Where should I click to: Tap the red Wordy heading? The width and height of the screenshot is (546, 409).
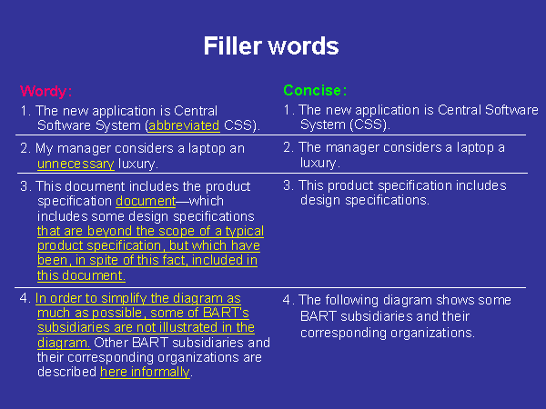[x=46, y=91]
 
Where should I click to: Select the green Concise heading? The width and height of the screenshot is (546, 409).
[x=315, y=90]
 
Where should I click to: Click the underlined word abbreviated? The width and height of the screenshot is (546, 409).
[x=184, y=125]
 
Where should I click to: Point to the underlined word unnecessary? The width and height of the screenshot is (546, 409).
[x=76, y=164]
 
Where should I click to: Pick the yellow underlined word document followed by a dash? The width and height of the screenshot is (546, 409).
[x=146, y=201]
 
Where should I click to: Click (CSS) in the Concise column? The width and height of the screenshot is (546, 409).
[x=369, y=125]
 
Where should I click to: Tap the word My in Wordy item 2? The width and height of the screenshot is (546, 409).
[x=45, y=148]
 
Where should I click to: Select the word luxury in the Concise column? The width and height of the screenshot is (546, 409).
[x=318, y=163]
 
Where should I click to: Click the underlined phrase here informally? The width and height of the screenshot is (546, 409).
[x=146, y=372]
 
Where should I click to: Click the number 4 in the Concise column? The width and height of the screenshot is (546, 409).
[x=288, y=300]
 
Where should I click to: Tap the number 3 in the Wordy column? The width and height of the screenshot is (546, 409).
[x=24, y=186]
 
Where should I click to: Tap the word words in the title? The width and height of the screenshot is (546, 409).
[x=304, y=45]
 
